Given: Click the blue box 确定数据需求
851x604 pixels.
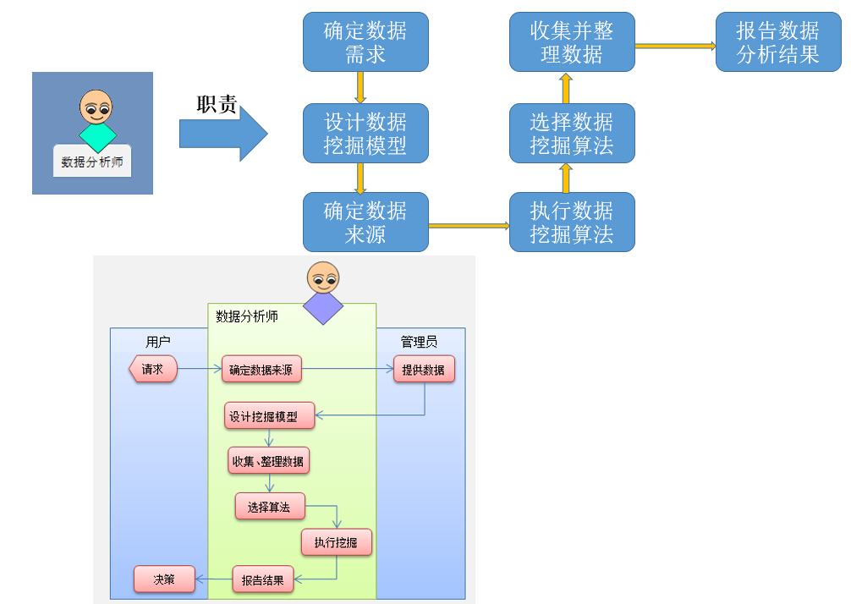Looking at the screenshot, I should [x=365, y=42].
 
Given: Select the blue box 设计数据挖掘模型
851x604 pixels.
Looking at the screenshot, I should [x=365, y=134].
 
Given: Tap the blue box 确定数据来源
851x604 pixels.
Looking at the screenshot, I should [x=365, y=222].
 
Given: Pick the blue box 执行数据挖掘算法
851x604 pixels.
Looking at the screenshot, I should [x=572, y=222].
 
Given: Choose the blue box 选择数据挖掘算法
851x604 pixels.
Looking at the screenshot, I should [x=572, y=134].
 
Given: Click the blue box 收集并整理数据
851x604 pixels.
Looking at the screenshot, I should [x=572, y=42].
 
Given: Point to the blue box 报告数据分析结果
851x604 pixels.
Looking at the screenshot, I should [x=778, y=42].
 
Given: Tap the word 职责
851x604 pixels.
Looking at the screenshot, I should [x=217, y=105].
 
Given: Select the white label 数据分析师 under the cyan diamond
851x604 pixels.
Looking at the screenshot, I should [x=92, y=162].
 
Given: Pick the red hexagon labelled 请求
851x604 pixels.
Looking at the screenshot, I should [x=153, y=370].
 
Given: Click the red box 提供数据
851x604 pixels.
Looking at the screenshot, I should [x=424, y=370].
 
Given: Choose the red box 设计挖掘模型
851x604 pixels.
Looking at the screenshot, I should [x=270, y=415].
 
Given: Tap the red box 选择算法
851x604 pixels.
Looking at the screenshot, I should [x=269, y=507].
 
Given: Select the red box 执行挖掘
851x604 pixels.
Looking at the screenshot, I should [x=336, y=542].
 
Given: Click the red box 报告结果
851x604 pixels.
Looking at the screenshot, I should [x=263, y=580].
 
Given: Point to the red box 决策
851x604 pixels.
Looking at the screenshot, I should [x=164, y=580].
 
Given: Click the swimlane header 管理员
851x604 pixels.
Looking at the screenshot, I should [x=419, y=342].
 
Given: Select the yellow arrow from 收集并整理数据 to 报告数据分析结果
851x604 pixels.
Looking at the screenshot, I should [x=675, y=47].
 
